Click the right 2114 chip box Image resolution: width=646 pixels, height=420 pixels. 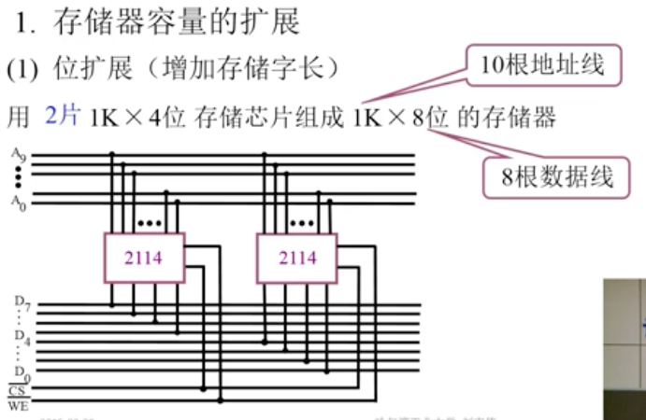(x=298, y=257)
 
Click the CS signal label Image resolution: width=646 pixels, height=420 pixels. (x=17, y=391)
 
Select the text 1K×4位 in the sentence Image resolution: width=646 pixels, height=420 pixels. (x=138, y=118)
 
